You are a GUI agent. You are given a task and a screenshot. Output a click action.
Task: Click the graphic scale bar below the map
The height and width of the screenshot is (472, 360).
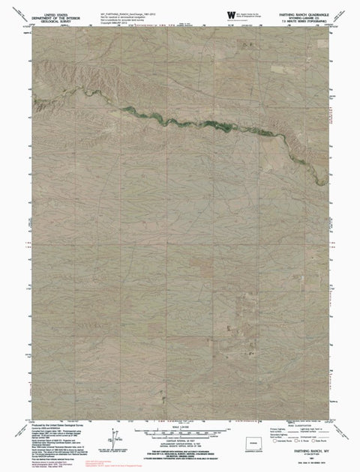click(x=180, y=429)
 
